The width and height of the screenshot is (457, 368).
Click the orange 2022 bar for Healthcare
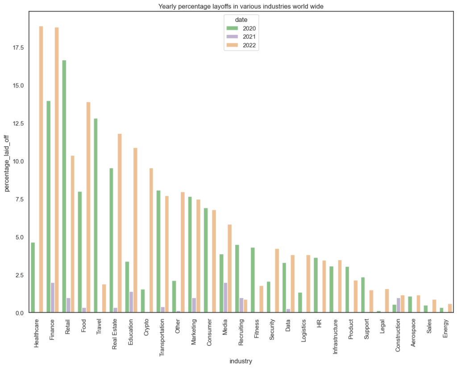[41, 170]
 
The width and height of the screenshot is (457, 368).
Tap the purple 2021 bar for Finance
[53, 298]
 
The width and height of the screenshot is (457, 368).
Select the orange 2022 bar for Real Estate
[120, 223]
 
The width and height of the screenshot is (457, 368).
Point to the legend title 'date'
[242, 20]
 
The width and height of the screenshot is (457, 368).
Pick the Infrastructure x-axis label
[336, 335]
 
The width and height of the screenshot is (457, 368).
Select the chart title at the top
[241, 6]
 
